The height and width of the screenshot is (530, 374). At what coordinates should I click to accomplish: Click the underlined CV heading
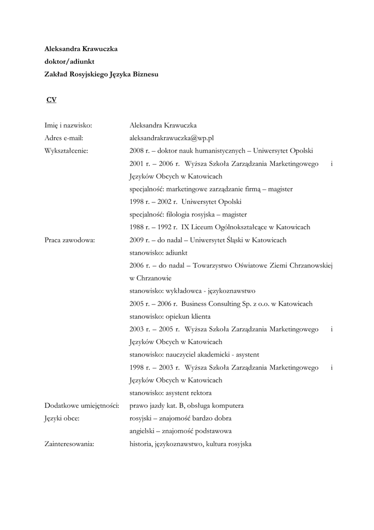coord(51,100)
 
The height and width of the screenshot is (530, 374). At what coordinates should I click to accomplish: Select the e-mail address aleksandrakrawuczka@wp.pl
coord(172,138)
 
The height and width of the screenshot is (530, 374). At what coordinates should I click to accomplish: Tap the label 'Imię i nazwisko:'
coord(68,125)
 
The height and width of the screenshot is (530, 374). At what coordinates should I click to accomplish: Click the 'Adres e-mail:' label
coord(64,138)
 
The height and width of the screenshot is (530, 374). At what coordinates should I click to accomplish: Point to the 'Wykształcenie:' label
coord(67,151)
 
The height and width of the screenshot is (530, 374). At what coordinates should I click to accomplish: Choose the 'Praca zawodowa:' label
coord(70,240)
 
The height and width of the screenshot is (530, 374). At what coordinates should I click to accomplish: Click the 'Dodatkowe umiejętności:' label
coord(82,405)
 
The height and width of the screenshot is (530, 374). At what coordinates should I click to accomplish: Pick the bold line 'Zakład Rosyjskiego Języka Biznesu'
coord(101,75)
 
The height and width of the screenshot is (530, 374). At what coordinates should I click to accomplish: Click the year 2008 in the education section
coord(136,151)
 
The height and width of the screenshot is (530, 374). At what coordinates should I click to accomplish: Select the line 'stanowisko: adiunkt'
coord(159,253)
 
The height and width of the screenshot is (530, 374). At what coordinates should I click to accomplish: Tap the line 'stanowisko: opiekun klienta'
coord(170,316)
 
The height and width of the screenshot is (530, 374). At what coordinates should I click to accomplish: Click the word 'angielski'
coord(144,431)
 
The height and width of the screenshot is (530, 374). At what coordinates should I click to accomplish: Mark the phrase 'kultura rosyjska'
coord(230,444)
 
